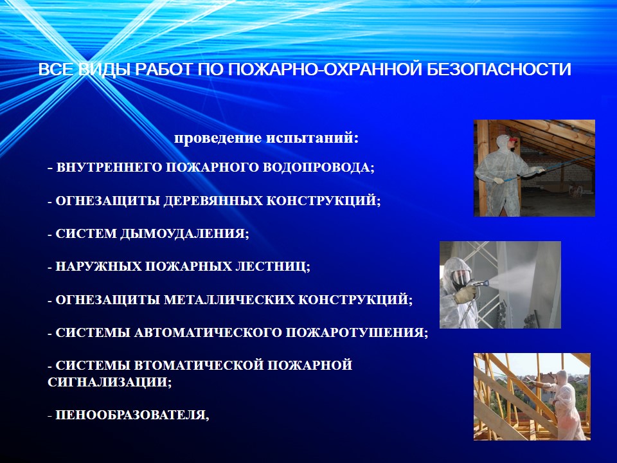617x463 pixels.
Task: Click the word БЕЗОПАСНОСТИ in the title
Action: click(499, 69)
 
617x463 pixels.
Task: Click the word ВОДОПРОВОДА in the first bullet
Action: click(318, 168)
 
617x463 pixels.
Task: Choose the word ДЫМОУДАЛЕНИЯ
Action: click(184, 234)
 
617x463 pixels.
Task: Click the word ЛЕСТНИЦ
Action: click(273, 267)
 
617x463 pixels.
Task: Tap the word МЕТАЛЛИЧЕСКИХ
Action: click(229, 300)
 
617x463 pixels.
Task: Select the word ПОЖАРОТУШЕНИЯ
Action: click(357, 333)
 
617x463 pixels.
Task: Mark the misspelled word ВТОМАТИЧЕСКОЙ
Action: click(199, 365)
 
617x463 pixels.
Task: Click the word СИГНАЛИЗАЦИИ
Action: click(110, 382)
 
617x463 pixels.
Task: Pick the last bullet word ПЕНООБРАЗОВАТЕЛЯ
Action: click(132, 415)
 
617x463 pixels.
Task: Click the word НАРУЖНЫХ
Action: click(99, 267)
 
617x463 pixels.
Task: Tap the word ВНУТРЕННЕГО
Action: click(109, 168)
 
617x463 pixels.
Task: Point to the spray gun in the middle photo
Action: click(477, 285)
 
